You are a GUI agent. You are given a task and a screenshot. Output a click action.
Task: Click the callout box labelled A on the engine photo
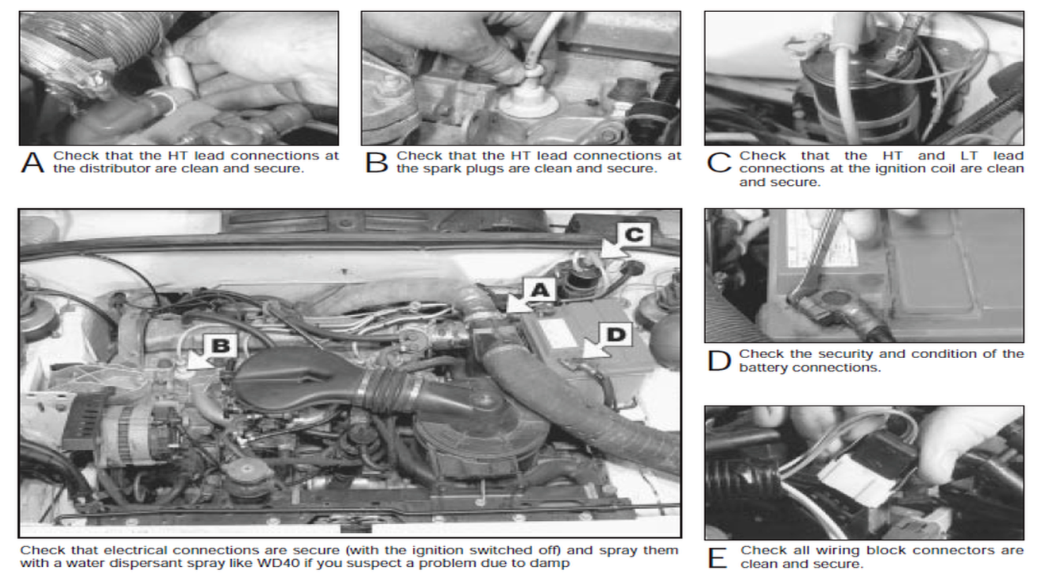[x=539, y=290]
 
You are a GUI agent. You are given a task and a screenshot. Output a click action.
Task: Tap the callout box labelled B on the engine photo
[x=221, y=345]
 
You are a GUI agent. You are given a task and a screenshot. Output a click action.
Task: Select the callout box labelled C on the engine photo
[x=634, y=235]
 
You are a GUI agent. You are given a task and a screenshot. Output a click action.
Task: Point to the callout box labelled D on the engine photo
[x=616, y=334]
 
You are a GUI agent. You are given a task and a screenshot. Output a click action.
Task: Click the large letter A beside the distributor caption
[x=33, y=162]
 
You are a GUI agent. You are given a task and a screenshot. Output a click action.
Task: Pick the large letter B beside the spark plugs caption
[x=376, y=162]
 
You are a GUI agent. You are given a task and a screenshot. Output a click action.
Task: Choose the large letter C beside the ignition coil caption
[x=719, y=162]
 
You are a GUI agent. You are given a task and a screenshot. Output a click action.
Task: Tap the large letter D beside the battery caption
[x=719, y=361]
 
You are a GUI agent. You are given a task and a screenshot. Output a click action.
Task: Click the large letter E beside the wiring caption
[x=717, y=557]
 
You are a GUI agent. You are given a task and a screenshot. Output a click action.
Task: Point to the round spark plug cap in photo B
[x=528, y=103]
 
